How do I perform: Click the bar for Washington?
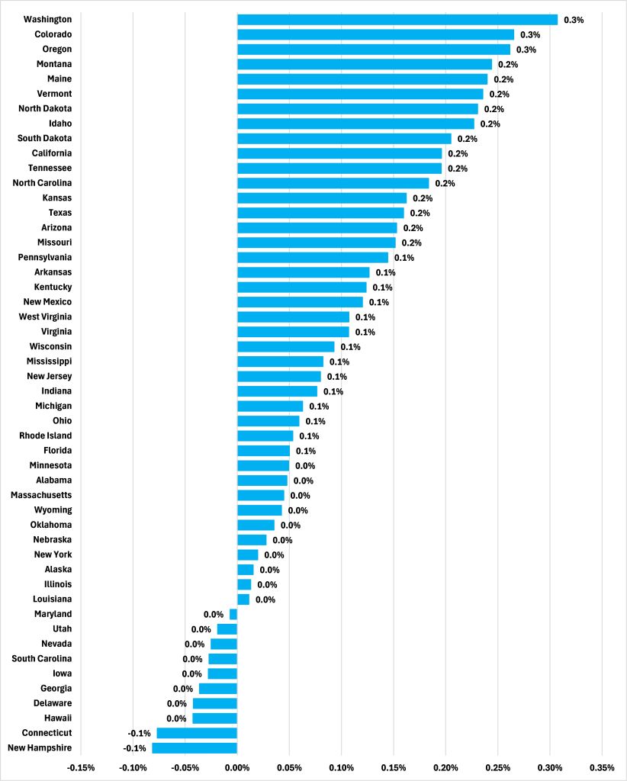tap(397, 19)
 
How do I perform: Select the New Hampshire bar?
tap(195, 747)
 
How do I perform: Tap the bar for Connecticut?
tap(197, 733)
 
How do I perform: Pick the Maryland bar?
tap(233, 614)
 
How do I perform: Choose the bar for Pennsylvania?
tap(313, 257)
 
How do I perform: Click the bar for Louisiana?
tap(243, 599)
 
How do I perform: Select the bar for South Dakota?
tap(344, 138)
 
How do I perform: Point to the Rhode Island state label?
tap(46, 435)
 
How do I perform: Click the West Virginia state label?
tap(46, 317)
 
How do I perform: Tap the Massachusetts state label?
tap(41, 495)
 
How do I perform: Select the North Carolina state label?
tap(43, 183)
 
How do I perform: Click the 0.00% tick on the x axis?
tap(237, 767)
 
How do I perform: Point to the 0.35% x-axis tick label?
tap(602, 767)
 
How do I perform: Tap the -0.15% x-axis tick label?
tap(81, 767)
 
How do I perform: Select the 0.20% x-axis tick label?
tap(445, 767)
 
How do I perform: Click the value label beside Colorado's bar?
tap(530, 34)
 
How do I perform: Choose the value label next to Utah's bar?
tap(201, 629)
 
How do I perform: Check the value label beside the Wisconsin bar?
tap(350, 346)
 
